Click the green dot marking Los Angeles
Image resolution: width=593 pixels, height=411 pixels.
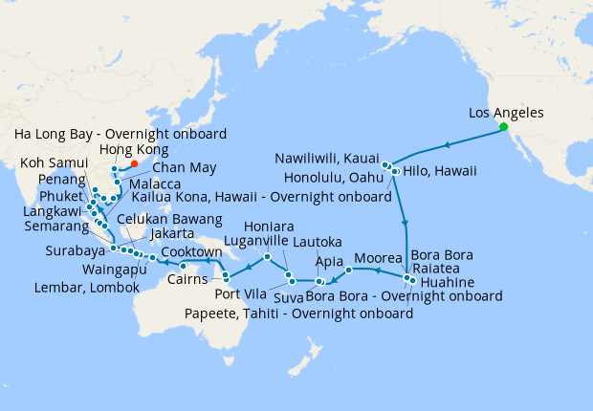pyautogui.click(x=502, y=126)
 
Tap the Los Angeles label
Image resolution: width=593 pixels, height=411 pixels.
pyautogui.click(x=506, y=113)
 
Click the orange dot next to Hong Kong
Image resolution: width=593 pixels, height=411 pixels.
pyautogui.click(x=134, y=164)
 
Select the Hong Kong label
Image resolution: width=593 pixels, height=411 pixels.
pyautogui.click(x=133, y=150)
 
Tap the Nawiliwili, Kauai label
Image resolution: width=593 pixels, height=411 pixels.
pyautogui.click(x=327, y=158)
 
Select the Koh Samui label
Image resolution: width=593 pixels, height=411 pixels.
pyautogui.click(x=51, y=163)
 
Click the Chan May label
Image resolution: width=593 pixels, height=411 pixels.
pyautogui.click(x=175, y=168)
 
